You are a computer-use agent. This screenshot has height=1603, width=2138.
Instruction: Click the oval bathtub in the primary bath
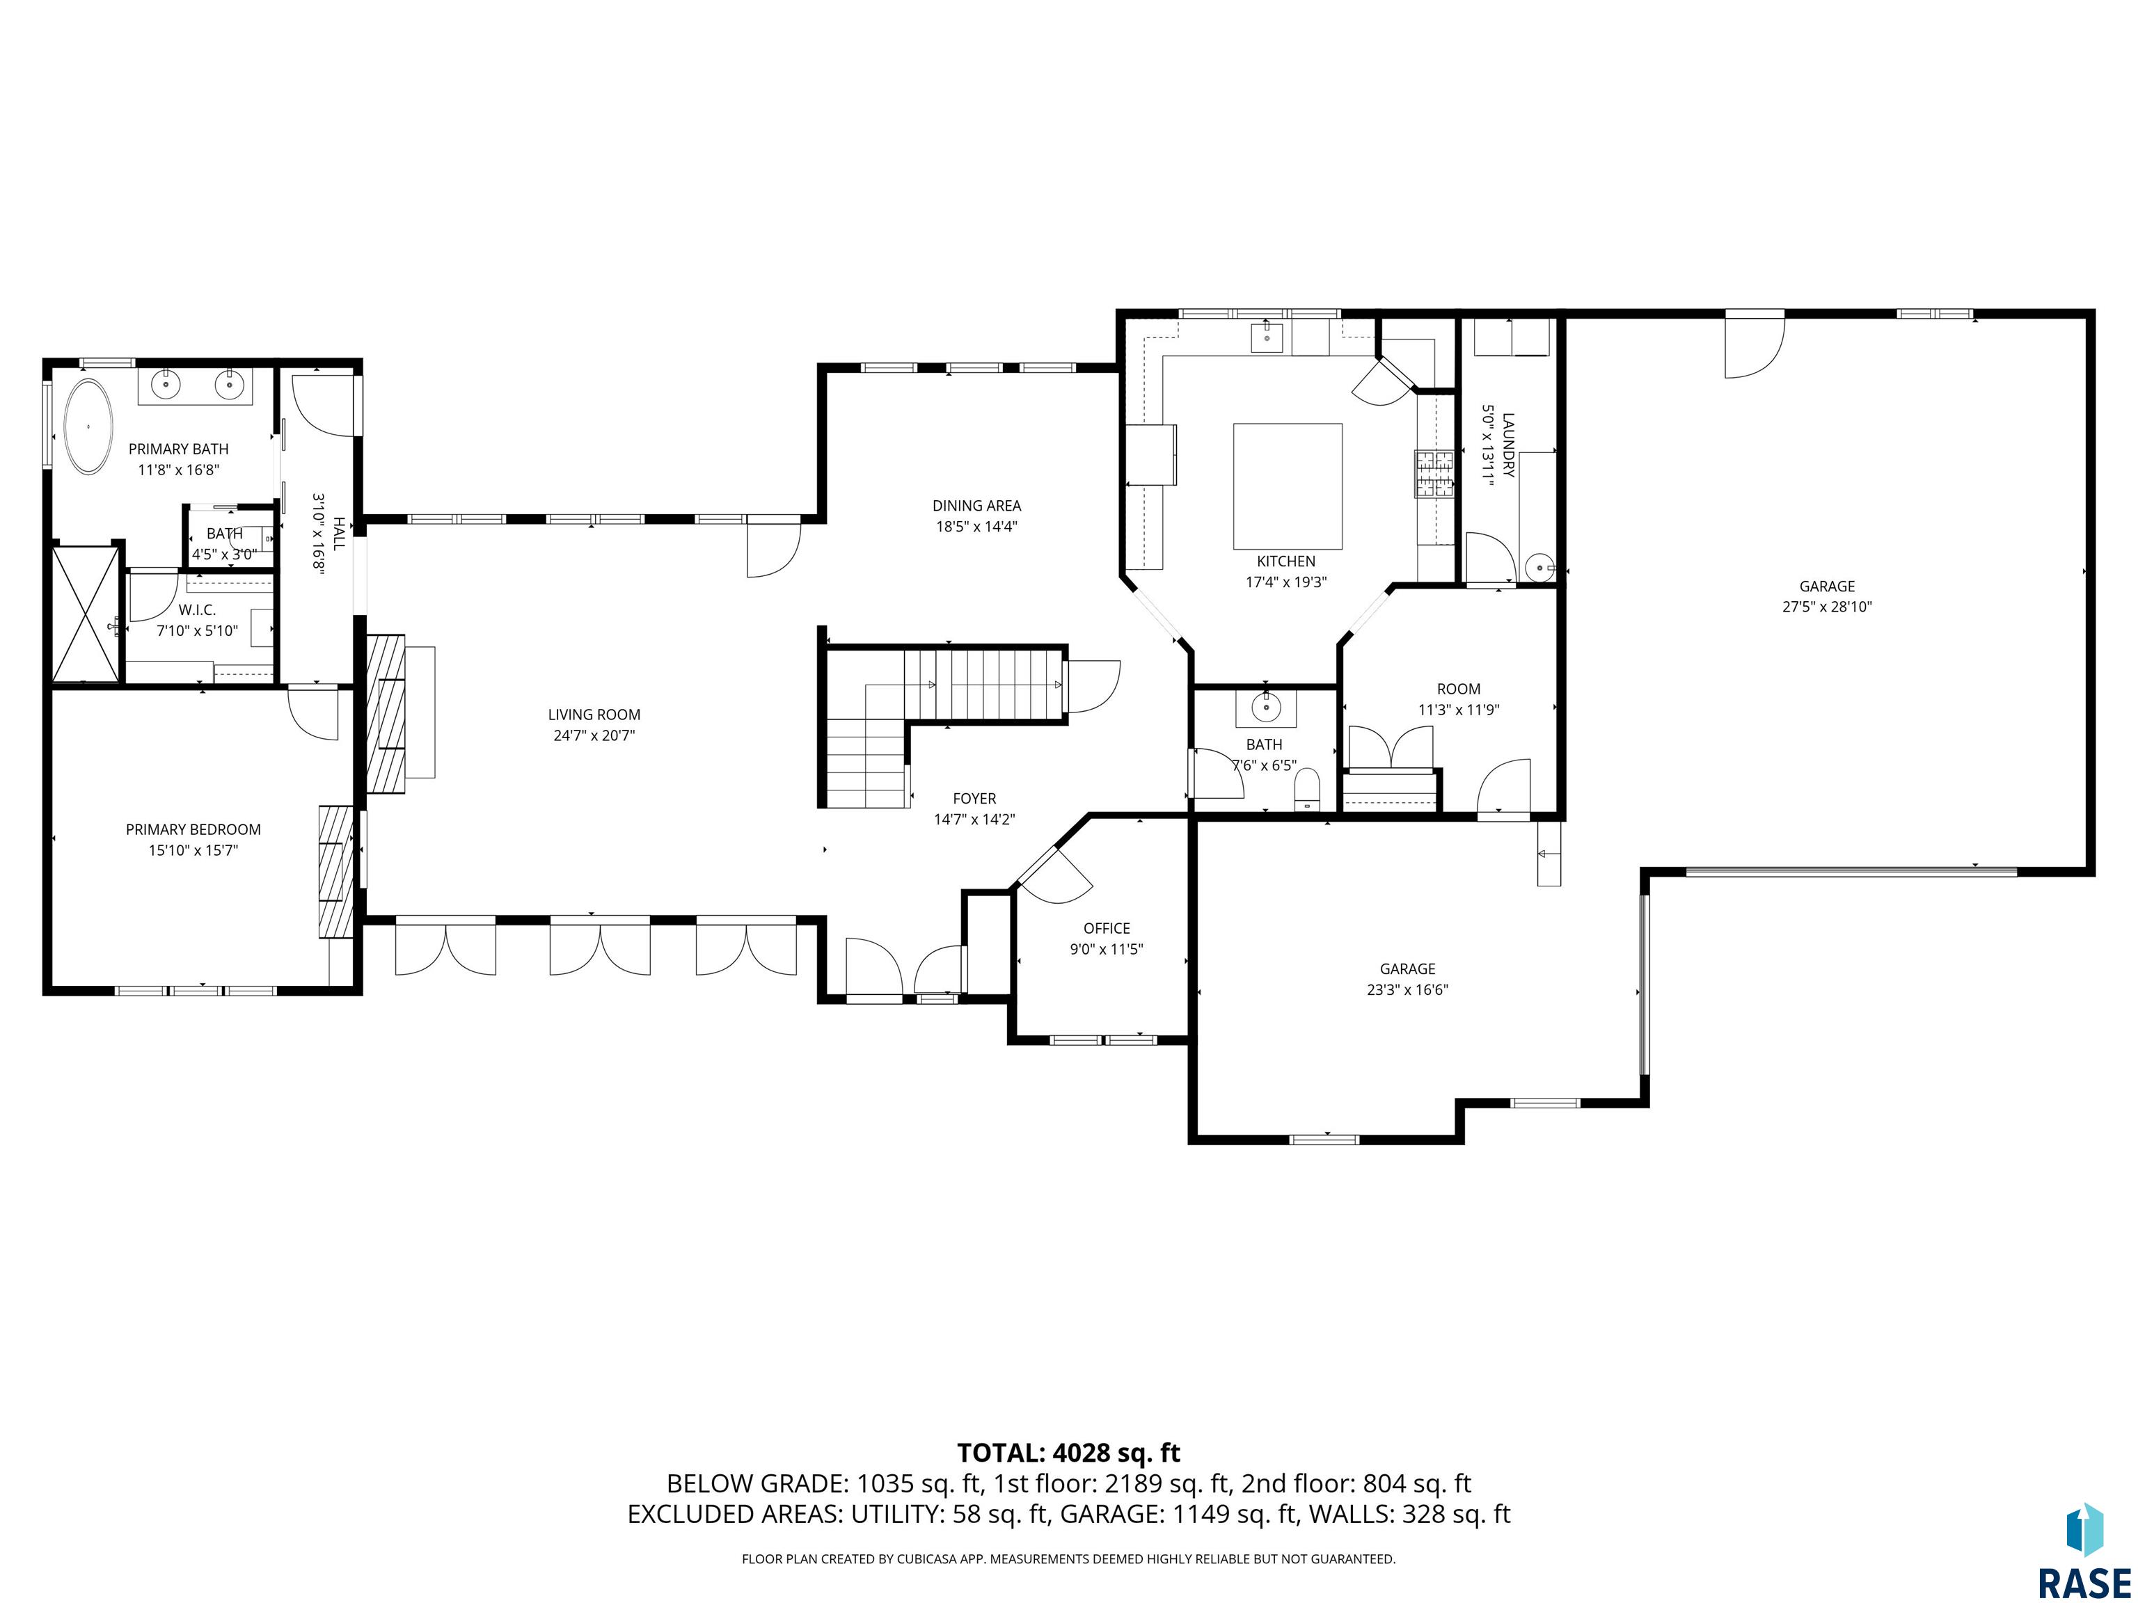coord(88,426)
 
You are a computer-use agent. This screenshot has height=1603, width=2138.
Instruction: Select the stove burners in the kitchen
coord(1434,474)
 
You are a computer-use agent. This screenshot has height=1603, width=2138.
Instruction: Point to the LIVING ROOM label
coord(594,715)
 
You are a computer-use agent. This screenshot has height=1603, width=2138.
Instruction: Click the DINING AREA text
coord(976,505)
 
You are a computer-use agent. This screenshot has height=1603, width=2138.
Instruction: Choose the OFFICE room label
coord(1107,929)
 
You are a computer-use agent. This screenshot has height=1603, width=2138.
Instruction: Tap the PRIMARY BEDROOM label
coord(193,829)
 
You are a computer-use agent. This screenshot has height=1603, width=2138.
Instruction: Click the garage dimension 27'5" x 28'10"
coord(1827,607)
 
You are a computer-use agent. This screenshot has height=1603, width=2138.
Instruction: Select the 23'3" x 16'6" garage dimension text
coord(1407,989)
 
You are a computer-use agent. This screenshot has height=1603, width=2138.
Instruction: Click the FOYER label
coord(974,798)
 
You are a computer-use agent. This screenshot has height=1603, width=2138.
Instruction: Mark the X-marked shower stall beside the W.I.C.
coord(86,614)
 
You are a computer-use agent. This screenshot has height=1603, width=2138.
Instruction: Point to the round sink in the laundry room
coord(1539,567)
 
